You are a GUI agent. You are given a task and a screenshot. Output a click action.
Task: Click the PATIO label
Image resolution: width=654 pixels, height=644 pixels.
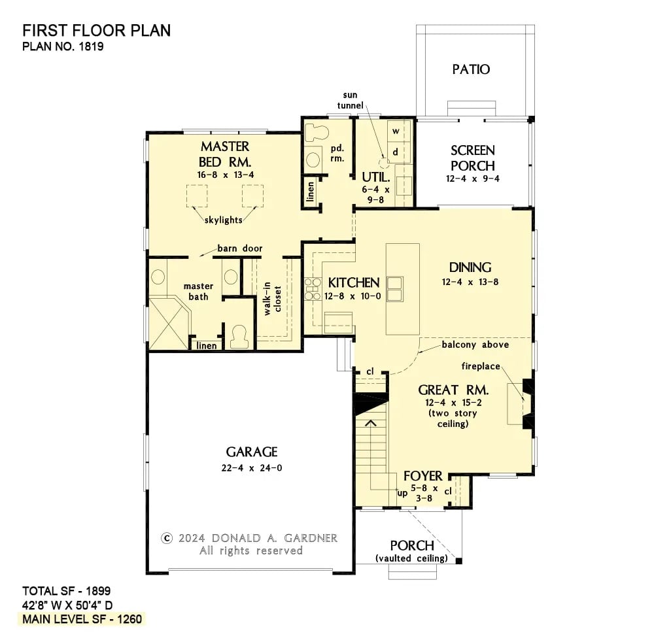pos(471,69)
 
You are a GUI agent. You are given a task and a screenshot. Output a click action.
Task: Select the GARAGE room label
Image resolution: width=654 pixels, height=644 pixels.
pos(252,452)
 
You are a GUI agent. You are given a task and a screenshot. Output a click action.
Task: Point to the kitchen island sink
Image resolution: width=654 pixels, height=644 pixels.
pos(395,288)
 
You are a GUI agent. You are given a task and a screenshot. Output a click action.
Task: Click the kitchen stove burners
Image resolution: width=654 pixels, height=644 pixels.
pos(311,288)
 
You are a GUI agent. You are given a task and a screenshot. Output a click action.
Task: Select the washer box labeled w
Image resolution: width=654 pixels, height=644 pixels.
pos(396,131)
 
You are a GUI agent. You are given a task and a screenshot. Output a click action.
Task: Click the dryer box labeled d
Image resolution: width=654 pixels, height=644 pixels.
pos(396,152)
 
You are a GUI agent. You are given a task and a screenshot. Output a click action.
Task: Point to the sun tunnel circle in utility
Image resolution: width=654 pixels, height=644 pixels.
pos(385,160)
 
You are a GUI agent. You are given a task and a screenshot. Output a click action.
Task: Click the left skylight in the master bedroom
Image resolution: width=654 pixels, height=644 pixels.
pos(198,195)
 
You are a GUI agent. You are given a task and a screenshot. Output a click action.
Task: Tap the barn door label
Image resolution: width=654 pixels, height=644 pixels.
pos(240,248)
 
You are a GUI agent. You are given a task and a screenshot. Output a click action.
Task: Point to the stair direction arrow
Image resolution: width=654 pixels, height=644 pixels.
pos(370,424)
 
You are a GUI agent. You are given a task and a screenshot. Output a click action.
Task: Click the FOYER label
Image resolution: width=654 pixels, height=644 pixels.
pos(423,475)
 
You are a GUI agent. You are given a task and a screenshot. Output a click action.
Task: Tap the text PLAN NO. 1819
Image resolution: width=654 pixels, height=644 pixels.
pos(63,46)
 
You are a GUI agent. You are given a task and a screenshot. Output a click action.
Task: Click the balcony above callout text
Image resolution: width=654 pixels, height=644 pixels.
pos(475,345)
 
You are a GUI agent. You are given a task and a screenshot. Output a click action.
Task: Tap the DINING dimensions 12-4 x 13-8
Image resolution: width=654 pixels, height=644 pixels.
pos(470,282)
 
